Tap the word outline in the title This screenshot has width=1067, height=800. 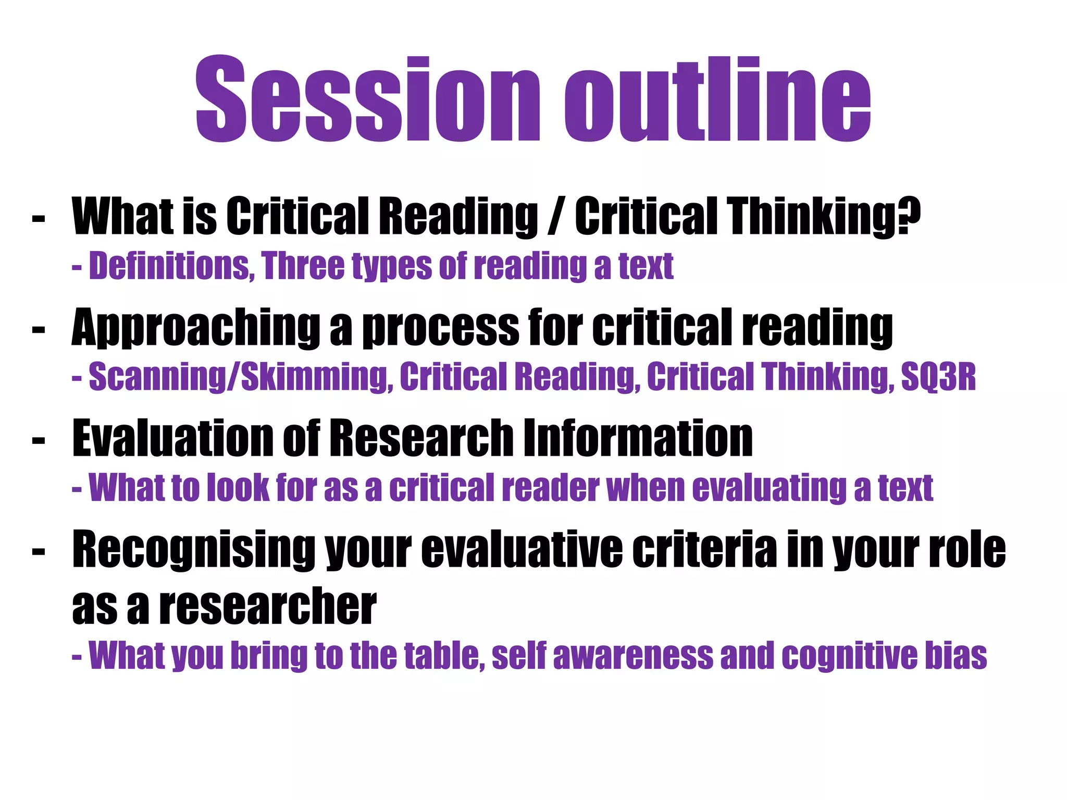coord(717,99)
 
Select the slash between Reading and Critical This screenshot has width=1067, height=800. coord(556,216)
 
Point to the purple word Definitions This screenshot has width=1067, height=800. coord(171,266)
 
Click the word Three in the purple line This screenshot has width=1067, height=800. coord(303,266)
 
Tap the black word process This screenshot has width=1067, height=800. coord(441,328)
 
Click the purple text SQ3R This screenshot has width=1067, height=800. coord(938,377)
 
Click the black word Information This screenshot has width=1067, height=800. coord(638,439)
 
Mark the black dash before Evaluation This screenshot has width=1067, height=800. coord(39,441)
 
